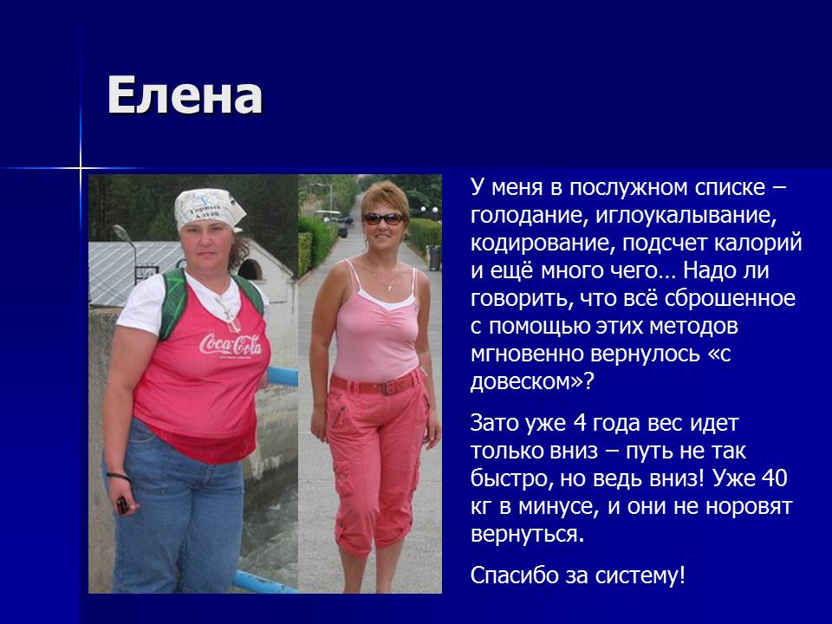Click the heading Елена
(185, 95)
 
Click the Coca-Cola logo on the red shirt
(231, 345)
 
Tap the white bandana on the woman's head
(209, 209)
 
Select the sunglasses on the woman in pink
(383, 218)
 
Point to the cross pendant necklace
(391, 287)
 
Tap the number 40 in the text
(774, 478)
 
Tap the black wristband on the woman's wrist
(119, 476)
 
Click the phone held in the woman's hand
(122, 504)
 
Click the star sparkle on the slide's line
(81, 169)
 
